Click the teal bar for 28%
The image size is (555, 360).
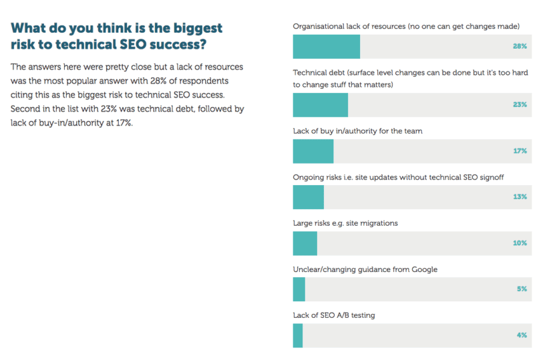click(326, 47)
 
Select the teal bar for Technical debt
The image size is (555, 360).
click(320, 105)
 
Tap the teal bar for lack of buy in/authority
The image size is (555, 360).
click(313, 151)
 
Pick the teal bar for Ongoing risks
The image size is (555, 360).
click(308, 197)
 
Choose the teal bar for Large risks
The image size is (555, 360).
click(305, 243)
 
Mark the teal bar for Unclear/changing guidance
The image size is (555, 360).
click(299, 289)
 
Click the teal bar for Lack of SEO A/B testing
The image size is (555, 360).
click(297, 335)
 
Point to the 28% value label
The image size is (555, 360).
click(520, 47)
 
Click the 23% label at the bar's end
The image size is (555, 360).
click(520, 105)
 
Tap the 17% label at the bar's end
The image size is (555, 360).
click(520, 151)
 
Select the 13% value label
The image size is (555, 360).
click(520, 197)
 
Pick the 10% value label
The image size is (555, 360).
click(520, 243)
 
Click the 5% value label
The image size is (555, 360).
click(522, 289)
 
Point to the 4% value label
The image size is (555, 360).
click(522, 335)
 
